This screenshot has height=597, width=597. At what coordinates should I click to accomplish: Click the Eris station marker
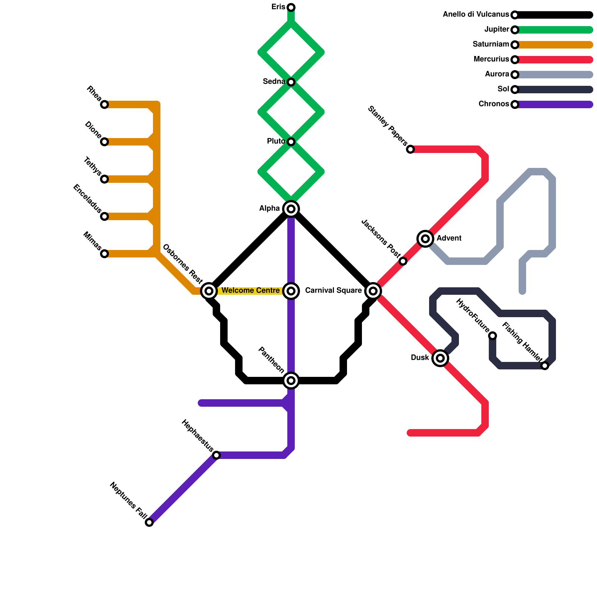[x=291, y=7]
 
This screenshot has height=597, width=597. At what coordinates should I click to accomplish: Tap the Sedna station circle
[x=291, y=82]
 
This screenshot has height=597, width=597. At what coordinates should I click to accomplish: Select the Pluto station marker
[x=291, y=142]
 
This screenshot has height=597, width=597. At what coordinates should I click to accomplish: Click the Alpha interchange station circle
[x=291, y=209]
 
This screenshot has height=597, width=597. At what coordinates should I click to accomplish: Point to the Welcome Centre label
[x=250, y=291]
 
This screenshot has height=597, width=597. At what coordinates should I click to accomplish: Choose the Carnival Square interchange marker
[x=373, y=291]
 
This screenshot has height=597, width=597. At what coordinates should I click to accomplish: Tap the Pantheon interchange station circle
[x=291, y=381]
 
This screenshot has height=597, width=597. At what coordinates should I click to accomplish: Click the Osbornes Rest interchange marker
[x=209, y=291]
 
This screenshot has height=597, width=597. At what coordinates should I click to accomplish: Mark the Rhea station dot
[x=104, y=104]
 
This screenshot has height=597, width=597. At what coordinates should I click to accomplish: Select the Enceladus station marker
[x=104, y=216]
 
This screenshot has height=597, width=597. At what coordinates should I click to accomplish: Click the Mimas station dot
[x=104, y=254]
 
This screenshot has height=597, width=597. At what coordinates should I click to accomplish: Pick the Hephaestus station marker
[x=216, y=455]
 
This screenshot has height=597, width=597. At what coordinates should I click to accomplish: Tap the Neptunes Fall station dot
[x=149, y=522]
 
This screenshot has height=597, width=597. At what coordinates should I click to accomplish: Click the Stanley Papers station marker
[x=410, y=149]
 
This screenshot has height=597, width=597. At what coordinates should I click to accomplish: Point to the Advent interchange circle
[x=425, y=239]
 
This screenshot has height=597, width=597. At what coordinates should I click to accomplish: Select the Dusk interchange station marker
[x=440, y=358]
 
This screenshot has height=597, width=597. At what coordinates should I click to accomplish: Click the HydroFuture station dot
[x=493, y=336]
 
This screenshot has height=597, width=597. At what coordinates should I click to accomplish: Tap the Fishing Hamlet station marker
[x=545, y=366]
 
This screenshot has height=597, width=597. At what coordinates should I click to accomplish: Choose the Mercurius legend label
[x=491, y=59]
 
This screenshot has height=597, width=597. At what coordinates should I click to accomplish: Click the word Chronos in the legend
[x=494, y=104]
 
